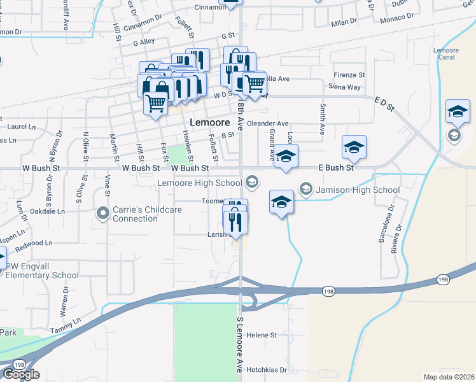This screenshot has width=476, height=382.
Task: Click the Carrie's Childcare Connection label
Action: [148, 214]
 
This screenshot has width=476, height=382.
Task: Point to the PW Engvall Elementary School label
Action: [41, 271]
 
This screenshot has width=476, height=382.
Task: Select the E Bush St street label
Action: [336, 167]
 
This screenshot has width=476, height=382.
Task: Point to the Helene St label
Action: [262, 335]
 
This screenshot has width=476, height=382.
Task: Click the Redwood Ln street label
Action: [34, 244]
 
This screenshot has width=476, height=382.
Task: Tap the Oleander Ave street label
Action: [268, 124]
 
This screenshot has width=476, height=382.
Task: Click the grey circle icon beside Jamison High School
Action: [305, 189]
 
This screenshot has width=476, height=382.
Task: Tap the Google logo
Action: [21, 374]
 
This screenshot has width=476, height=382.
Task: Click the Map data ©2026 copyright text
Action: [449, 377]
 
